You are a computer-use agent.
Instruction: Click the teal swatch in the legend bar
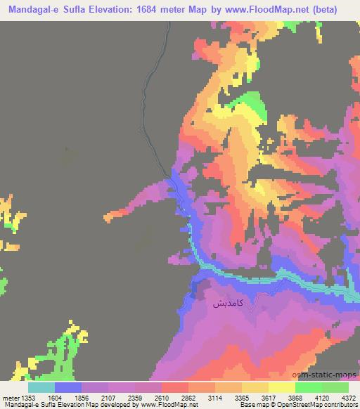(x=41, y=387)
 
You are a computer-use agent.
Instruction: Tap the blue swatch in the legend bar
(x=68, y=387)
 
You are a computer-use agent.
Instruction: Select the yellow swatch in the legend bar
(x=283, y=387)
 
